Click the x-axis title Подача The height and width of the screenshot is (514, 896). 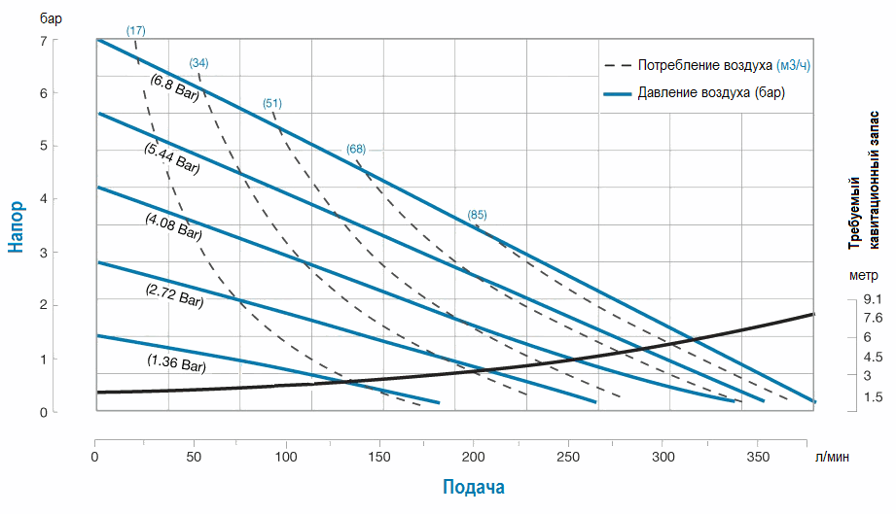pos(474,487)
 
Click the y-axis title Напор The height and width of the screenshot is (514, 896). pos(17,226)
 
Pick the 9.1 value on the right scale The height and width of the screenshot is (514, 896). pos(873,300)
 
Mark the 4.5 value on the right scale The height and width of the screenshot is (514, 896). pos(873,357)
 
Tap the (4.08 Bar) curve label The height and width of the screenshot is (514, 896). pos(173,226)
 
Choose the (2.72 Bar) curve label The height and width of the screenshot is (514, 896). pos(174,295)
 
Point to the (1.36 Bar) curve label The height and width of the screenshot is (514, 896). pos(177,364)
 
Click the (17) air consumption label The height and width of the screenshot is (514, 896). pos(136,31)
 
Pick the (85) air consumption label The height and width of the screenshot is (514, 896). pos(477,215)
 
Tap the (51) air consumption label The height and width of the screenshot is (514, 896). pos(272,103)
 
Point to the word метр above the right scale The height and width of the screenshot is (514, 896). pos(863,275)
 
